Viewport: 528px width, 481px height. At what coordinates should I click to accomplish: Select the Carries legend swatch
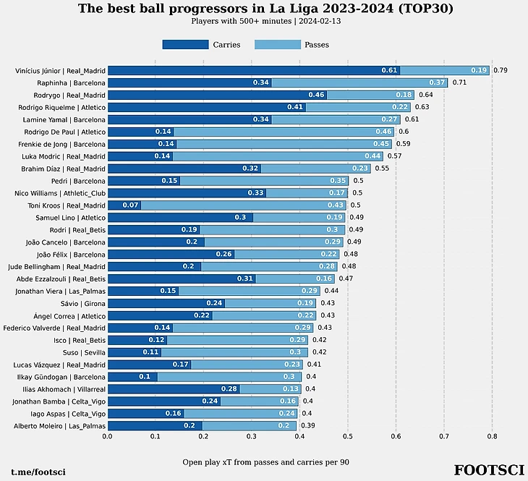(185, 45)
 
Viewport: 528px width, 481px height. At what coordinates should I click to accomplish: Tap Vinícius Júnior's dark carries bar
(253, 71)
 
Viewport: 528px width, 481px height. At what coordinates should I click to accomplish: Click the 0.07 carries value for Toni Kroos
(130, 205)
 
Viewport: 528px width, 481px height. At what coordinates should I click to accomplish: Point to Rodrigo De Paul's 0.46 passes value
(383, 132)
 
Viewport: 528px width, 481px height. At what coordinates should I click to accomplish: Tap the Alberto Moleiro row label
(60, 426)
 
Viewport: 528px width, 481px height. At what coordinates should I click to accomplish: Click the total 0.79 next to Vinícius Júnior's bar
(500, 71)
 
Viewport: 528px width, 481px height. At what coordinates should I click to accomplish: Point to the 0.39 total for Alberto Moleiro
(307, 426)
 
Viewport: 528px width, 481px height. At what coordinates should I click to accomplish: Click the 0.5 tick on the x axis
(347, 437)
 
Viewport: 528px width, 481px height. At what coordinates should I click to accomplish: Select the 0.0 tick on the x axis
(107, 437)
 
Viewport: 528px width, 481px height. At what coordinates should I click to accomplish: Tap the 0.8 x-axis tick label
(492, 437)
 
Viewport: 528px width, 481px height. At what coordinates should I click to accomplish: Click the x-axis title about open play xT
(265, 461)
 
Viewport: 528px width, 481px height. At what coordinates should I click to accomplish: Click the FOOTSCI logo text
(488, 471)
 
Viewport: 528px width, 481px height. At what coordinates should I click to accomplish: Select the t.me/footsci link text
(38, 472)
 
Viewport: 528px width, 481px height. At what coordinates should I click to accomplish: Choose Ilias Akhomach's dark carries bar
(174, 389)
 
